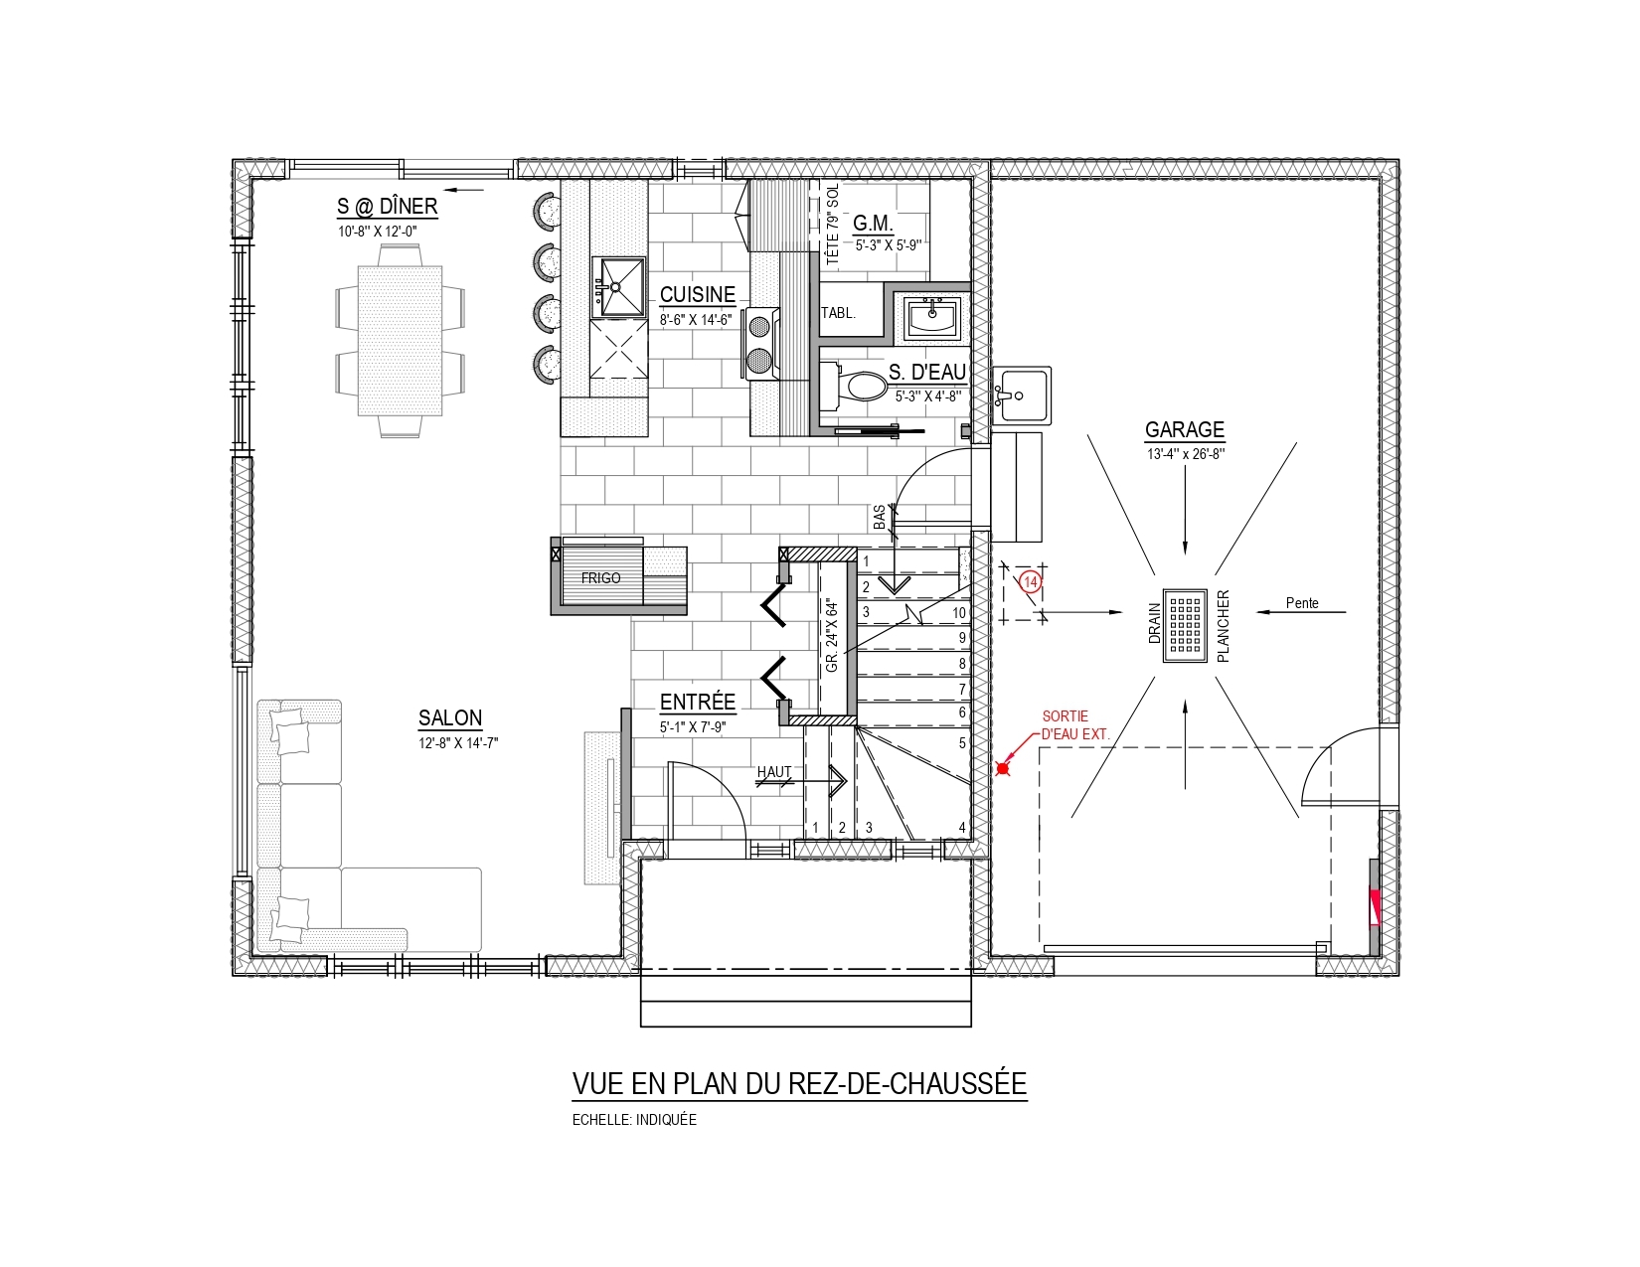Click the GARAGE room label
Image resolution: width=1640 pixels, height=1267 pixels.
click(x=1184, y=429)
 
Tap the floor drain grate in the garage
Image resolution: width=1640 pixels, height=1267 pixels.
click(x=1185, y=626)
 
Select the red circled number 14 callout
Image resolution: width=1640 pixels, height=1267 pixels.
click(x=1030, y=581)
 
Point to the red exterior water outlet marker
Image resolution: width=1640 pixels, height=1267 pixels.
click(x=1002, y=769)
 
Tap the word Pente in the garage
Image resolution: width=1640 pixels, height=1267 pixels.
click(x=1303, y=603)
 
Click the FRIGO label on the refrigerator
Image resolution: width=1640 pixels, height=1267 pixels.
click(x=600, y=578)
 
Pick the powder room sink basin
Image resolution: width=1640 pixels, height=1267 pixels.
click(x=931, y=318)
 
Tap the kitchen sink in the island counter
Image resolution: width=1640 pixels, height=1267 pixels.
click(x=619, y=287)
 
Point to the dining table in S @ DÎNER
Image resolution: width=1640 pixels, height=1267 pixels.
click(x=400, y=340)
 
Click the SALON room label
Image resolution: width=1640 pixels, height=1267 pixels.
click(x=450, y=717)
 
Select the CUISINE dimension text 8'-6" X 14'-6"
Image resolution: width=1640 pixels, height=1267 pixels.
click(x=696, y=320)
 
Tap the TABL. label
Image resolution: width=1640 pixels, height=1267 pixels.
click(x=838, y=313)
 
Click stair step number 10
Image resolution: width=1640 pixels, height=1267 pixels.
click(x=959, y=613)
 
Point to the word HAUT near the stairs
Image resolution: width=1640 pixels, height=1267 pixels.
click(x=774, y=772)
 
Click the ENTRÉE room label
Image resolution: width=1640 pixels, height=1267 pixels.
click(x=698, y=702)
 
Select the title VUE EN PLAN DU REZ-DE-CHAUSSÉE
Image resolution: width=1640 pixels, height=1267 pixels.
click(x=799, y=1083)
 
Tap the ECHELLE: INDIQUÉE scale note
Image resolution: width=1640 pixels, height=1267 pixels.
click(x=634, y=1120)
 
